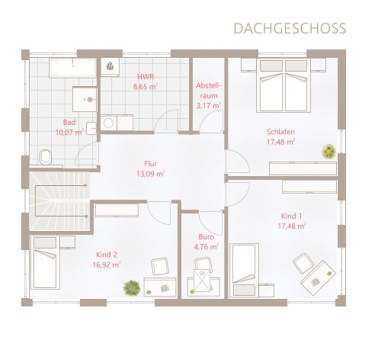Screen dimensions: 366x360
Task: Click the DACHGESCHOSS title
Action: tap(290, 28)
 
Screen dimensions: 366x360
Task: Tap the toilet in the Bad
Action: tap(46, 157)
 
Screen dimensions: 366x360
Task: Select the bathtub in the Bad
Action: tap(73, 68)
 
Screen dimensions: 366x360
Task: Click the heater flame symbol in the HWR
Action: tap(110, 66)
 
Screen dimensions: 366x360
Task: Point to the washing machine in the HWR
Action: tap(109, 122)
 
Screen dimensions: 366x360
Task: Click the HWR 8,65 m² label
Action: tap(145, 82)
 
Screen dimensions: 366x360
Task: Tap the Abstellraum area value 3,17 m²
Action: tap(209, 106)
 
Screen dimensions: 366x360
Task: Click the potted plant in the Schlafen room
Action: tap(329, 151)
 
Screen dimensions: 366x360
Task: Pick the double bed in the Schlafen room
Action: tap(283, 85)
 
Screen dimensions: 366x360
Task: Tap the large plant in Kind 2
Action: tap(132, 288)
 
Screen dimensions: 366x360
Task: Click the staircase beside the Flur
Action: tap(60, 201)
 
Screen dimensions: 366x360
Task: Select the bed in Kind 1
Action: tap(244, 271)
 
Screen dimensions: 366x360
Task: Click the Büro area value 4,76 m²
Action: tap(206, 246)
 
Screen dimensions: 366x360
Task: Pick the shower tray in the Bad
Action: tap(85, 99)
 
